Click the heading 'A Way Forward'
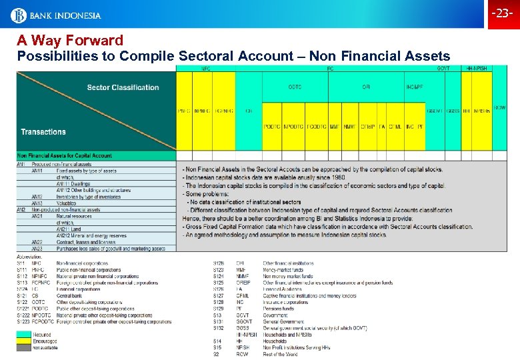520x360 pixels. [70, 41]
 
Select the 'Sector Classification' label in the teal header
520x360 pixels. [123, 87]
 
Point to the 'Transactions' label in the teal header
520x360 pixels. [43, 132]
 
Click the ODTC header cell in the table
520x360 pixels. [295, 87]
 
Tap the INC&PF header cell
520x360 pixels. [414, 87]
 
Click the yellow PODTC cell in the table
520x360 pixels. [272, 126]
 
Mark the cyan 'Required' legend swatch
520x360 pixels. [24, 335]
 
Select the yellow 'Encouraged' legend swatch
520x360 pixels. [24, 341]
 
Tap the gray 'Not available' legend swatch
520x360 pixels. [24, 347]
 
